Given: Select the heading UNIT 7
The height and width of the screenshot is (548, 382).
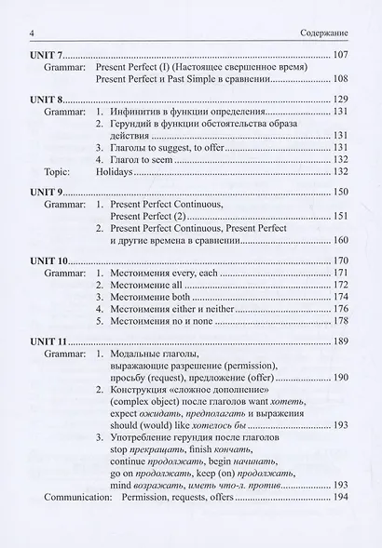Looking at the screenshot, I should [48, 56].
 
